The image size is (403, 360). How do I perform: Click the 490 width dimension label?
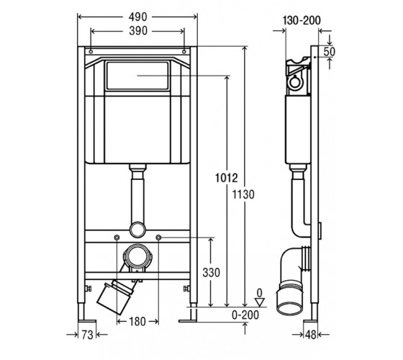[x=137, y=17]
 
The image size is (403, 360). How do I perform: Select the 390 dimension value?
[x=138, y=31]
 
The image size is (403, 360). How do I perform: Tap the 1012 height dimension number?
[x=226, y=178]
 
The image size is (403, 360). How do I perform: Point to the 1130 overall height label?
[x=243, y=194]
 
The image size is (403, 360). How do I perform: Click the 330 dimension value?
[x=212, y=273]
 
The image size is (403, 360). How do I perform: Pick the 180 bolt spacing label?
[x=137, y=321]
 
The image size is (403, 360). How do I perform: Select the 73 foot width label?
[x=87, y=335]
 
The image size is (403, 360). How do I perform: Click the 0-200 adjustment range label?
[x=245, y=315]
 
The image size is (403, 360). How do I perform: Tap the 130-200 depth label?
[x=302, y=20]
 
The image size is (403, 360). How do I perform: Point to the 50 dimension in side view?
[x=330, y=52]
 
